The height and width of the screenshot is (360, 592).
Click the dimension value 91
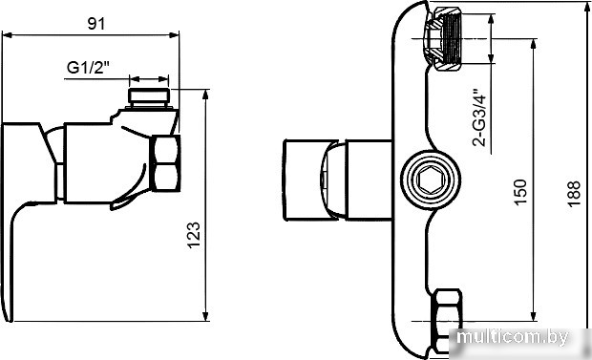96,24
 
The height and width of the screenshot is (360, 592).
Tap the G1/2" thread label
88,68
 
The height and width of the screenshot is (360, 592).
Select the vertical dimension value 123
194,235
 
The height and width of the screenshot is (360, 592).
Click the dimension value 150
520,192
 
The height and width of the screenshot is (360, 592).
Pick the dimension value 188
574,194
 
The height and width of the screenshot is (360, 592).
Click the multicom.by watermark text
513,336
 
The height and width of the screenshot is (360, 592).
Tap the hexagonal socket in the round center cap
431,180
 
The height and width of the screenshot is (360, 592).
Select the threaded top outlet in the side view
149,96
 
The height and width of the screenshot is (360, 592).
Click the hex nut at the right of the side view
165,163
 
